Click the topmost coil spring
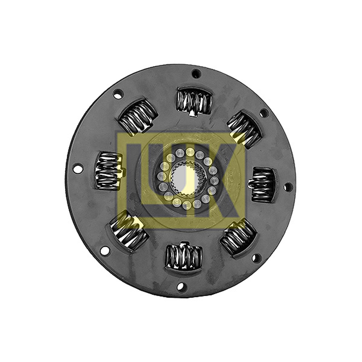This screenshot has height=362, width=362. tap(194, 101)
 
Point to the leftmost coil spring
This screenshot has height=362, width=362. tap(108, 171)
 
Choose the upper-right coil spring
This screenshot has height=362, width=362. tap(244, 129)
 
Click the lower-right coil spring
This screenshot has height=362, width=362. tap(238, 237)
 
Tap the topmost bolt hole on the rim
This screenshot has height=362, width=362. tap(196, 74)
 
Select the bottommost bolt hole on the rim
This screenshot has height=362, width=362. tap(181, 286)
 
